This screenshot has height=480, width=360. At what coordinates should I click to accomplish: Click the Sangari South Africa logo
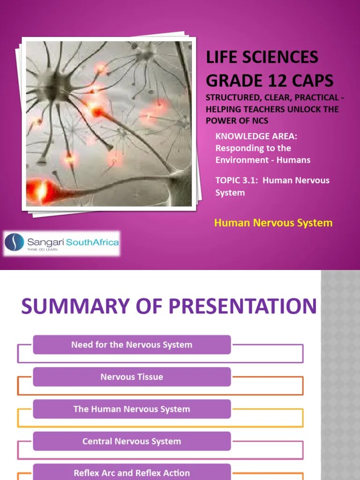(62, 243)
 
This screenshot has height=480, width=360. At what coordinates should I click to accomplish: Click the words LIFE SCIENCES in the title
(262, 58)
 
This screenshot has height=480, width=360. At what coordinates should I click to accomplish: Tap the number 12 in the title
(278, 80)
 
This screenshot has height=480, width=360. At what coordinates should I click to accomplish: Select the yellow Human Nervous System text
(273, 223)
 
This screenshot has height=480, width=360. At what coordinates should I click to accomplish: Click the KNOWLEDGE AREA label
(256, 136)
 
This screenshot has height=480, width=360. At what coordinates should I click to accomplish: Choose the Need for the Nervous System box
(132, 345)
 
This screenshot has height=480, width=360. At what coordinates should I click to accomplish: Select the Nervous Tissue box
(132, 377)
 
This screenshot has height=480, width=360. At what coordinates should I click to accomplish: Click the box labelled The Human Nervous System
(132, 409)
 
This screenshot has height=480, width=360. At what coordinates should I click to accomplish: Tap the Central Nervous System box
(132, 441)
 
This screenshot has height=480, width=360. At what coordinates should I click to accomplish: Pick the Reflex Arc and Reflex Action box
(132, 472)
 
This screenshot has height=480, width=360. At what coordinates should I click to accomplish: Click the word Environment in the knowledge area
(239, 160)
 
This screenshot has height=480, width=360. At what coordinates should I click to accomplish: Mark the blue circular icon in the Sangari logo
(15, 243)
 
